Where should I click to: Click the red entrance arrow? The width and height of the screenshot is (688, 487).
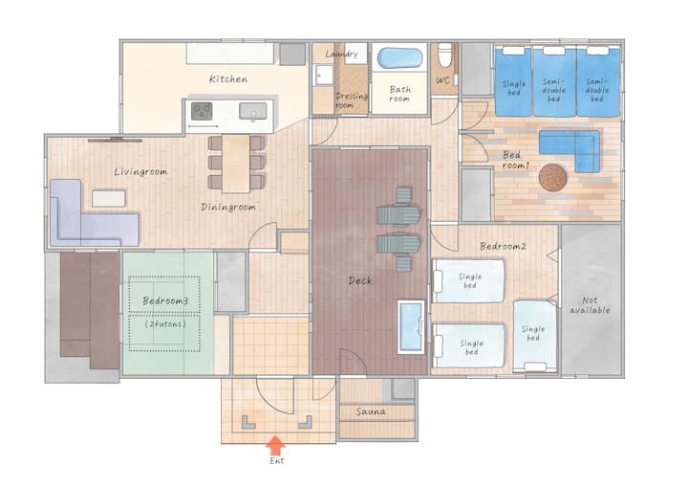click(x=275, y=445)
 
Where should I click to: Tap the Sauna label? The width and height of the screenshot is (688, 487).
click(x=371, y=411)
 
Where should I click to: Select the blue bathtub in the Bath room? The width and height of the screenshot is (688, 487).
click(x=399, y=58)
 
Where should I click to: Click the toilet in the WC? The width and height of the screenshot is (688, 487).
click(x=444, y=54)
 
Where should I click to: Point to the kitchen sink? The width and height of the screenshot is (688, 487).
click(x=252, y=111)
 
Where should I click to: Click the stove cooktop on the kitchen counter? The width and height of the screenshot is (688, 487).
click(x=202, y=111)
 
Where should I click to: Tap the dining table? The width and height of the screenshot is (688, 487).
click(x=236, y=164)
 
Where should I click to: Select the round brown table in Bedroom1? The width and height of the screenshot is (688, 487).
click(x=552, y=178)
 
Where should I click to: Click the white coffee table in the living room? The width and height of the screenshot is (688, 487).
click(x=108, y=198)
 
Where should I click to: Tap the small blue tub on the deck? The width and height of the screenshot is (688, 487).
click(x=411, y=327)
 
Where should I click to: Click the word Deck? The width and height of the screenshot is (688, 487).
click(x=360, y=280)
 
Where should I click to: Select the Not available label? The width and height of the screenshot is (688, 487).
click(x=590, y=305)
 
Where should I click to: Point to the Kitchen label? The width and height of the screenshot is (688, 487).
click(x=228, y=79)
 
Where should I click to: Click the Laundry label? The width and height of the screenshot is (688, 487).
click(x=341, y=55)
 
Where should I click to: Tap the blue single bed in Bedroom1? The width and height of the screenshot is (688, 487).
click(x=513, y=81)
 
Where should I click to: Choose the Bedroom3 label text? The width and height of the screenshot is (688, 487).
click(x=165, y=301)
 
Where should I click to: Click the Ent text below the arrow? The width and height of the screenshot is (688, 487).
click(x=277, y=460)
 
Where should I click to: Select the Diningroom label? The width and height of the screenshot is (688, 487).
click(x=228, y=207)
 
